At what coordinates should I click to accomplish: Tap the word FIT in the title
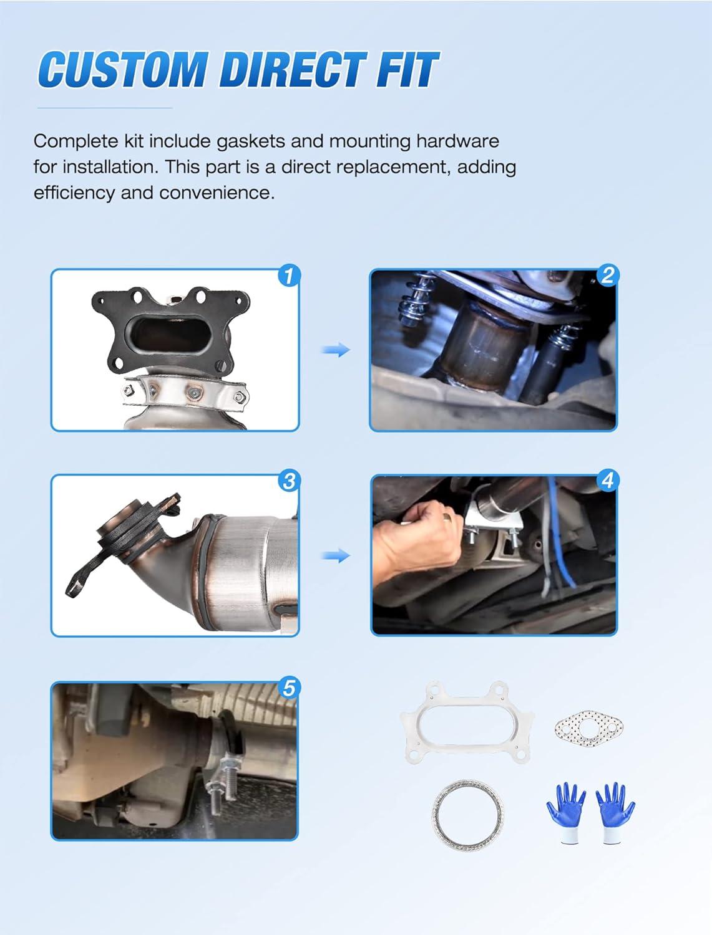click(407, 69)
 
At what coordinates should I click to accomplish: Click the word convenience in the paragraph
click(217, 193)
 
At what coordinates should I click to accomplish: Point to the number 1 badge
click(290, 276)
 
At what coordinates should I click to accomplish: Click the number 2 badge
click(607, 276)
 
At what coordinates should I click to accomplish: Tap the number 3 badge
click(290, 481)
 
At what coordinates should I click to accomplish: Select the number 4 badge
click(607, 481)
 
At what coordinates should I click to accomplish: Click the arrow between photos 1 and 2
click(336, 350)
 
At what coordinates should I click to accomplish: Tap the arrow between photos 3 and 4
click(336, 555)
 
